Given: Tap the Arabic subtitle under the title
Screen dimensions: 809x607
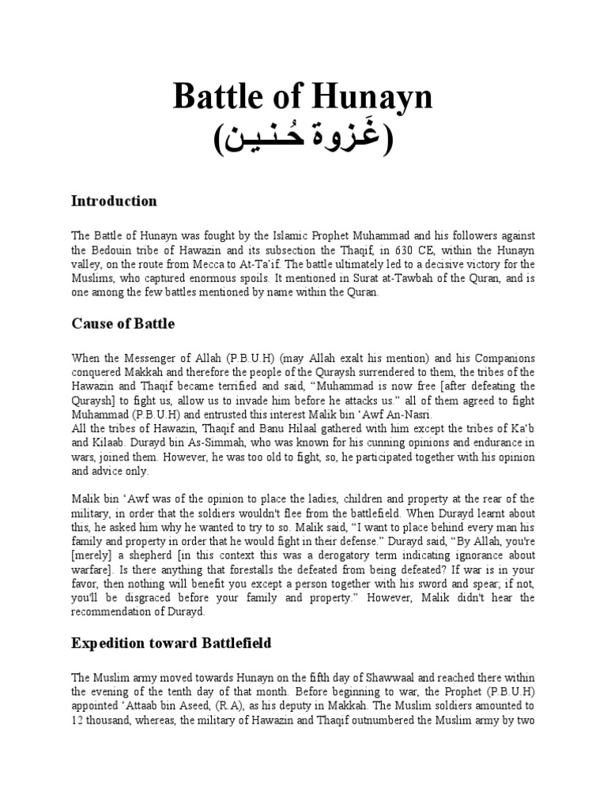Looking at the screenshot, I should click(x=303, y=140).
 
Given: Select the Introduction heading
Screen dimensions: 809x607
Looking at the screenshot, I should click(x=114, y=201).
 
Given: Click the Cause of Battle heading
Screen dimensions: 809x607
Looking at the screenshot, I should click(x=123, y=324).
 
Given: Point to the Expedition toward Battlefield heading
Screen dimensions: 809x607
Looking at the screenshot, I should click(x=172, y=643).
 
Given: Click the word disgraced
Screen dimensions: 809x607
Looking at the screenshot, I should click(x=178, y=599).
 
